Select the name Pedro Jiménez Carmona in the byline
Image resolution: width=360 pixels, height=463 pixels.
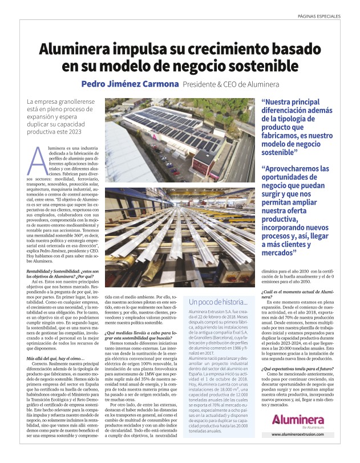(130, 84)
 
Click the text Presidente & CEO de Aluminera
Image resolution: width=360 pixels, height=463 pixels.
(230, 84)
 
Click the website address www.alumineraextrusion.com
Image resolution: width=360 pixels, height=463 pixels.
(301, 450)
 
